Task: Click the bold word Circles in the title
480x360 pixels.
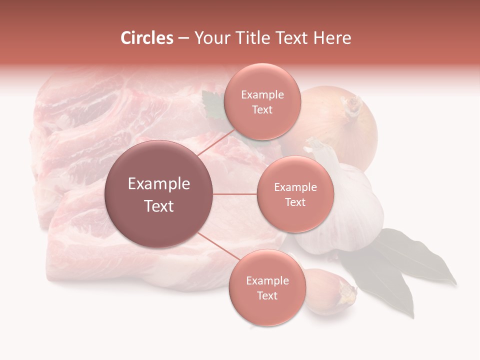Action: pos(146,38)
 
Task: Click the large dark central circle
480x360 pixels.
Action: pos(159,194)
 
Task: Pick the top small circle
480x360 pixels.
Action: pos(262,101)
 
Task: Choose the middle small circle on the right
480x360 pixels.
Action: pos(295,194)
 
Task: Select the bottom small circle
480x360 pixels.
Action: pos(267,287)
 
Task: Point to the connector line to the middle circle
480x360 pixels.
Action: pos(235,194)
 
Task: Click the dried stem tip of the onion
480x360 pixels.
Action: pos(352,105)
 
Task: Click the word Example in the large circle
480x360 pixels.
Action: pos(159,184)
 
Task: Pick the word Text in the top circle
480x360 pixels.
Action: pos(262,109)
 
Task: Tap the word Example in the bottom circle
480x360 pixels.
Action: pos(267,280)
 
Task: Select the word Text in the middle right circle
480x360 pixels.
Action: pos(295,202)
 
